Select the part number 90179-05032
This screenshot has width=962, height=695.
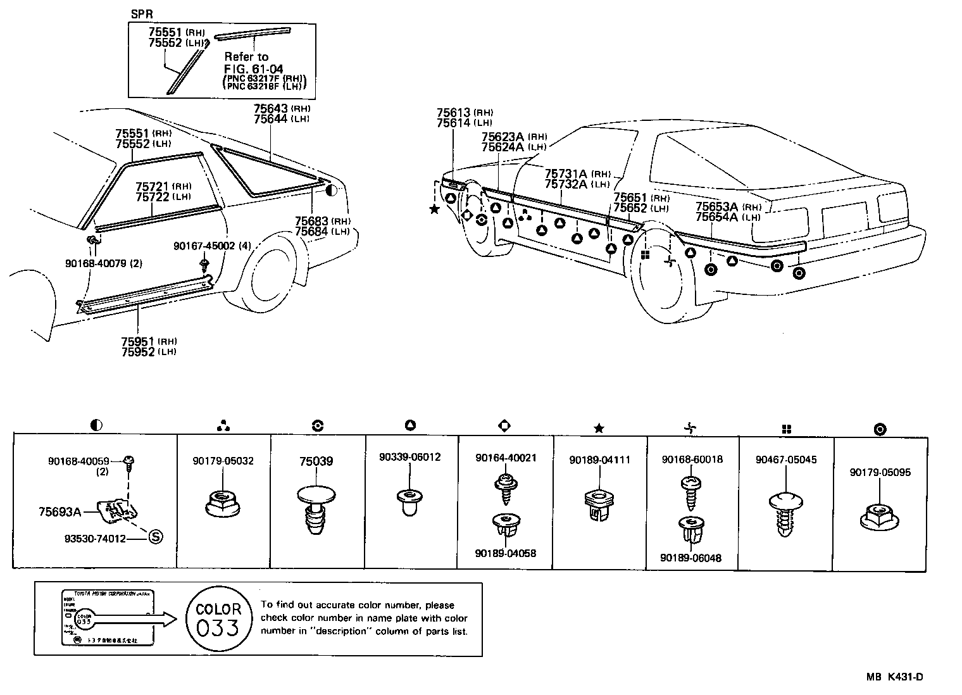coord(223,461)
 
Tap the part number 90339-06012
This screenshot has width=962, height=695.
coord(410,457)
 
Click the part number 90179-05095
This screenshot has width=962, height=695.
coord(880,472)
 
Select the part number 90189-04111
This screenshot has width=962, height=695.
coord(599,460)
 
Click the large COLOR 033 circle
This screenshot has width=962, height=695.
coord(218,618)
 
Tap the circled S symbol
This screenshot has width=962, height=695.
coord(155,537)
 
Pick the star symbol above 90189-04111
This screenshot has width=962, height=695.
coord(599,429)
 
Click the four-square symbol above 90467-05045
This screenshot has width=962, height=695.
coord(786,429)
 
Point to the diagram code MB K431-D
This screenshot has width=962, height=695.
coord(894,677)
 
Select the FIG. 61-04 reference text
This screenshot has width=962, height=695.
coord(253,69)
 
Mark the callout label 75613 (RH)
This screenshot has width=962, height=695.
coord(464,113)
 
